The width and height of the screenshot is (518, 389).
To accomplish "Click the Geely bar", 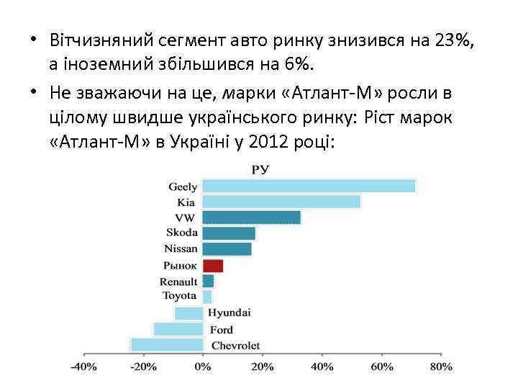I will point(309,186).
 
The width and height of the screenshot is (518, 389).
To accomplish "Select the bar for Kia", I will point(281,202).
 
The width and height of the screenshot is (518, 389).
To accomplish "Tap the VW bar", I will point(251,218).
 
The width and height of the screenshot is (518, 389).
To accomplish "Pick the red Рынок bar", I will point(212,266).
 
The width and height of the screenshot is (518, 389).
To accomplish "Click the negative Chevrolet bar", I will point(166,344).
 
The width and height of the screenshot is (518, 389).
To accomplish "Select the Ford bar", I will point(178,329).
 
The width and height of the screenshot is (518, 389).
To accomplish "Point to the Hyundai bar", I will point(188,313).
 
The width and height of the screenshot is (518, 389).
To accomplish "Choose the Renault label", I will point(178,282).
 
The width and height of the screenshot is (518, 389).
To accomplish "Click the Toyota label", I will point(178,296).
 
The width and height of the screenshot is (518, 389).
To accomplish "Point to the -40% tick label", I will point(83,367).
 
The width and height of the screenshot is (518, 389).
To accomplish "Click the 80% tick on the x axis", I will point(440,367).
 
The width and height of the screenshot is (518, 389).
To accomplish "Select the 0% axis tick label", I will point(203,367).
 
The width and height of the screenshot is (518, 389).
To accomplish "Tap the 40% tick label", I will point(322,367).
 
